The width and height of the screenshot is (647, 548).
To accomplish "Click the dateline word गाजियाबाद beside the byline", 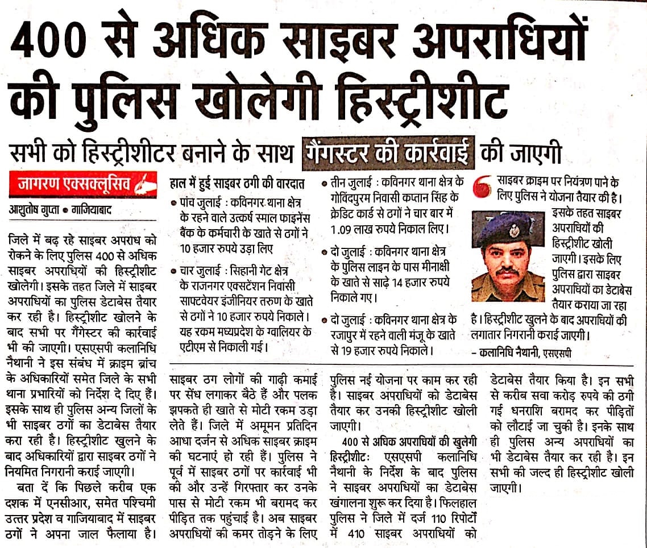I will coord(92,210).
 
